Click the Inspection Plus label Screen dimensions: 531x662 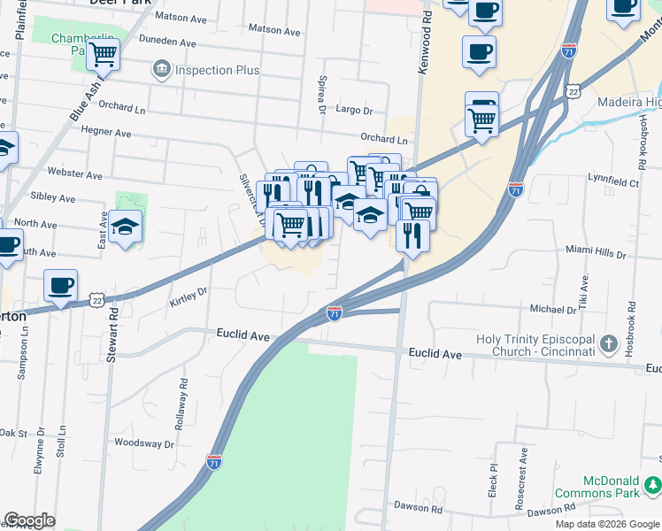[217, 70]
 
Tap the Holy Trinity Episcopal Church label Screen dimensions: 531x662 [534, 346]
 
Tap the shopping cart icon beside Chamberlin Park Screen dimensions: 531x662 [103, 55]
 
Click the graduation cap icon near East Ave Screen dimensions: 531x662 [126, 227]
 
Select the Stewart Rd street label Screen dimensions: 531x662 [112, 335]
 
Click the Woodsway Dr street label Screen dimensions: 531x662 [144, 442]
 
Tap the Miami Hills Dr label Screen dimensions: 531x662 [595, 254]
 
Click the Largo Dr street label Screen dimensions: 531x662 [355, 111]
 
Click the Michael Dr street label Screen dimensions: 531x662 [553, 310]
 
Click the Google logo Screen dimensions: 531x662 [30, 520]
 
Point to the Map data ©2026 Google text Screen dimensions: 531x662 [607, 524]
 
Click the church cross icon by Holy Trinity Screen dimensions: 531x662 [608, 342]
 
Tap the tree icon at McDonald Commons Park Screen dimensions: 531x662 [653, 484]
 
